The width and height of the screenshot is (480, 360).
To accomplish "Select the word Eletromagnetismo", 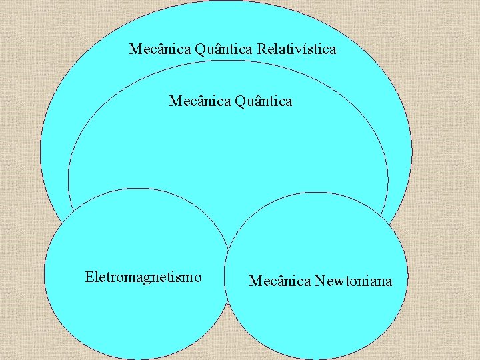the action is click(143, 277).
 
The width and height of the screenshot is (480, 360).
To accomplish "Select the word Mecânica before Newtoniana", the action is click(280, 281).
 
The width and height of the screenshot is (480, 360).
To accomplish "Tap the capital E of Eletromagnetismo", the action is click(89, 277).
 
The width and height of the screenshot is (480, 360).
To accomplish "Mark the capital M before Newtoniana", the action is click(255, 281).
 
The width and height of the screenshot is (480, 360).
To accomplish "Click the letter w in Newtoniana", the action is click(336, 282).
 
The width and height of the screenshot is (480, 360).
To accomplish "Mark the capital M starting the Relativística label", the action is click(135, 49).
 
